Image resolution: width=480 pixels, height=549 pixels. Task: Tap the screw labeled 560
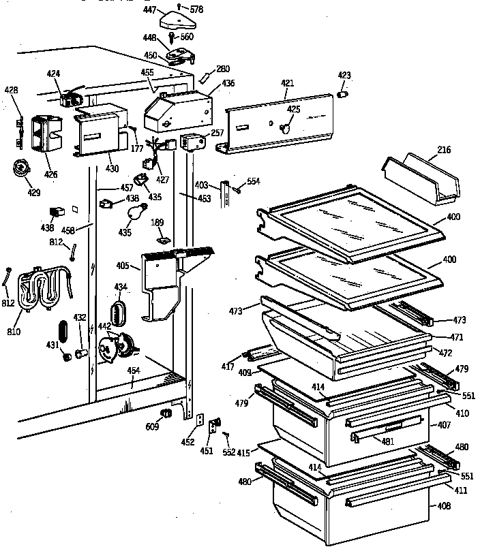point(173,37)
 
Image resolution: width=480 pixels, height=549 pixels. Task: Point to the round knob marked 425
point(286,126)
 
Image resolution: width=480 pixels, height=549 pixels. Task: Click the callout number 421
point(287,83)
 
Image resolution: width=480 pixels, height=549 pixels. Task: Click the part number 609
point(152,427)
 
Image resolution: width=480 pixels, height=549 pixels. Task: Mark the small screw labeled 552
point(226,434)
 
